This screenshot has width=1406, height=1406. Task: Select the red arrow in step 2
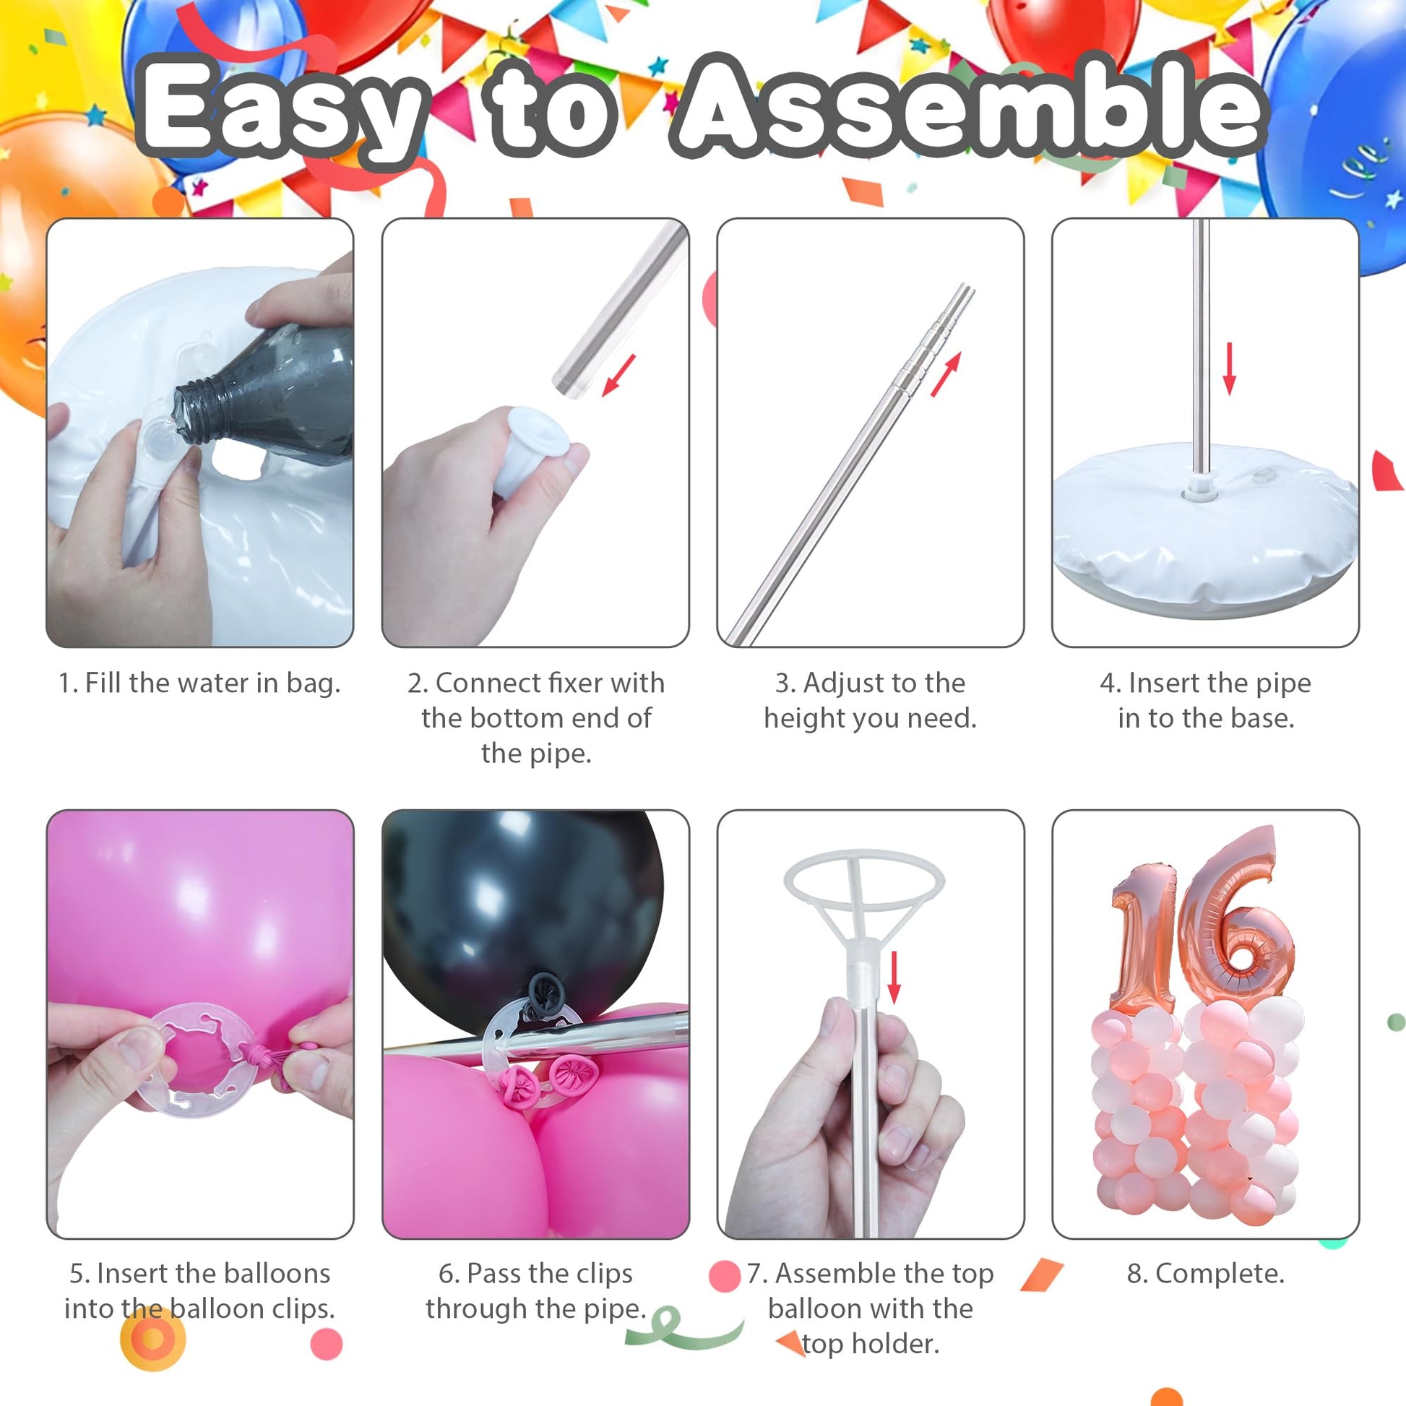(618, 376)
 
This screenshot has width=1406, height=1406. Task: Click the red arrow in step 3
(946, 374)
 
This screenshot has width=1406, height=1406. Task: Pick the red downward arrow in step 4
(1229, 368)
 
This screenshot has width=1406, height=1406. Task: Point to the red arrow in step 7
(894, 979)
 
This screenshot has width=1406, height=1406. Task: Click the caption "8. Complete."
(1206, 1274)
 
